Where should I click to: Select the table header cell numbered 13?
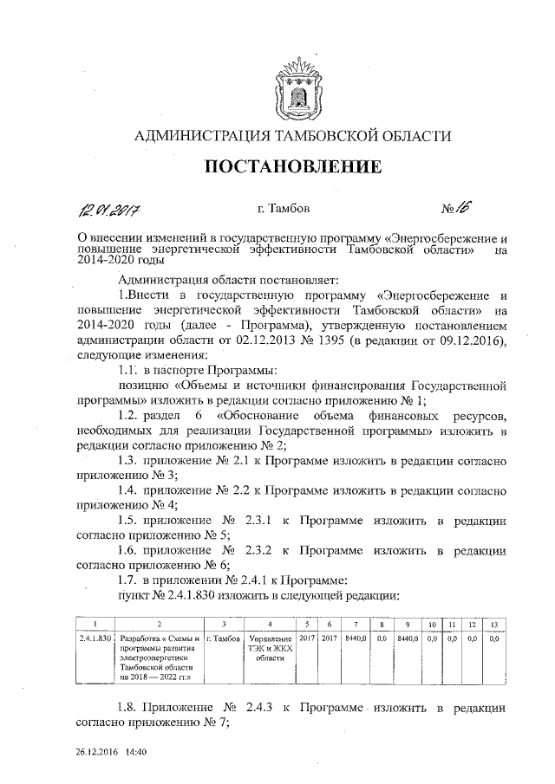494,624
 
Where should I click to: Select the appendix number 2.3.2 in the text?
261,549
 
